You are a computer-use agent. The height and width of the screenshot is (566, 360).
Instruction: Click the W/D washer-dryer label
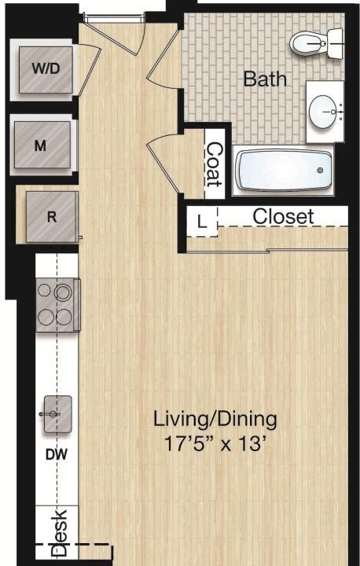click(46, 68)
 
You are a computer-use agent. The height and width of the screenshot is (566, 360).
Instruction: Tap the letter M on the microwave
click(40, 146)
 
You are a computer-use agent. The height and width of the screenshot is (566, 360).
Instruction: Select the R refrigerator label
click(52, 217)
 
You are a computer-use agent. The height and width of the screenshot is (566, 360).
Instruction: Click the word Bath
click(265, 79)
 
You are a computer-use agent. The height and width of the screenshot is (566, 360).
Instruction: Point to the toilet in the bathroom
click(317, 43)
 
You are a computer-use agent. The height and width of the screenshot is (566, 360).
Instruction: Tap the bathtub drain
click(320, 171)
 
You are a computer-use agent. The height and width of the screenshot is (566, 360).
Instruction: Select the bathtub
click(283, 171)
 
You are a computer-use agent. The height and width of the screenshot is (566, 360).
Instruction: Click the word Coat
click(215, 164)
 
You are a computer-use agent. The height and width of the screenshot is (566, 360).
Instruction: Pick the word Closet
click(283, 217)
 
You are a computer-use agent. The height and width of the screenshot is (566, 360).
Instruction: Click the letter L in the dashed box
click(202, 222)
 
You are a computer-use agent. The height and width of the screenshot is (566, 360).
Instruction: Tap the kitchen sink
click(57, 414)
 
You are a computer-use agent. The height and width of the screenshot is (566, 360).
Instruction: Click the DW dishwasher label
click(57, 454)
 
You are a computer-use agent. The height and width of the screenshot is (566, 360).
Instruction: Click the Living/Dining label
click(215, 420)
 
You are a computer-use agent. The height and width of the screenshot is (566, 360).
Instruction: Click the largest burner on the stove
click(63, 292)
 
